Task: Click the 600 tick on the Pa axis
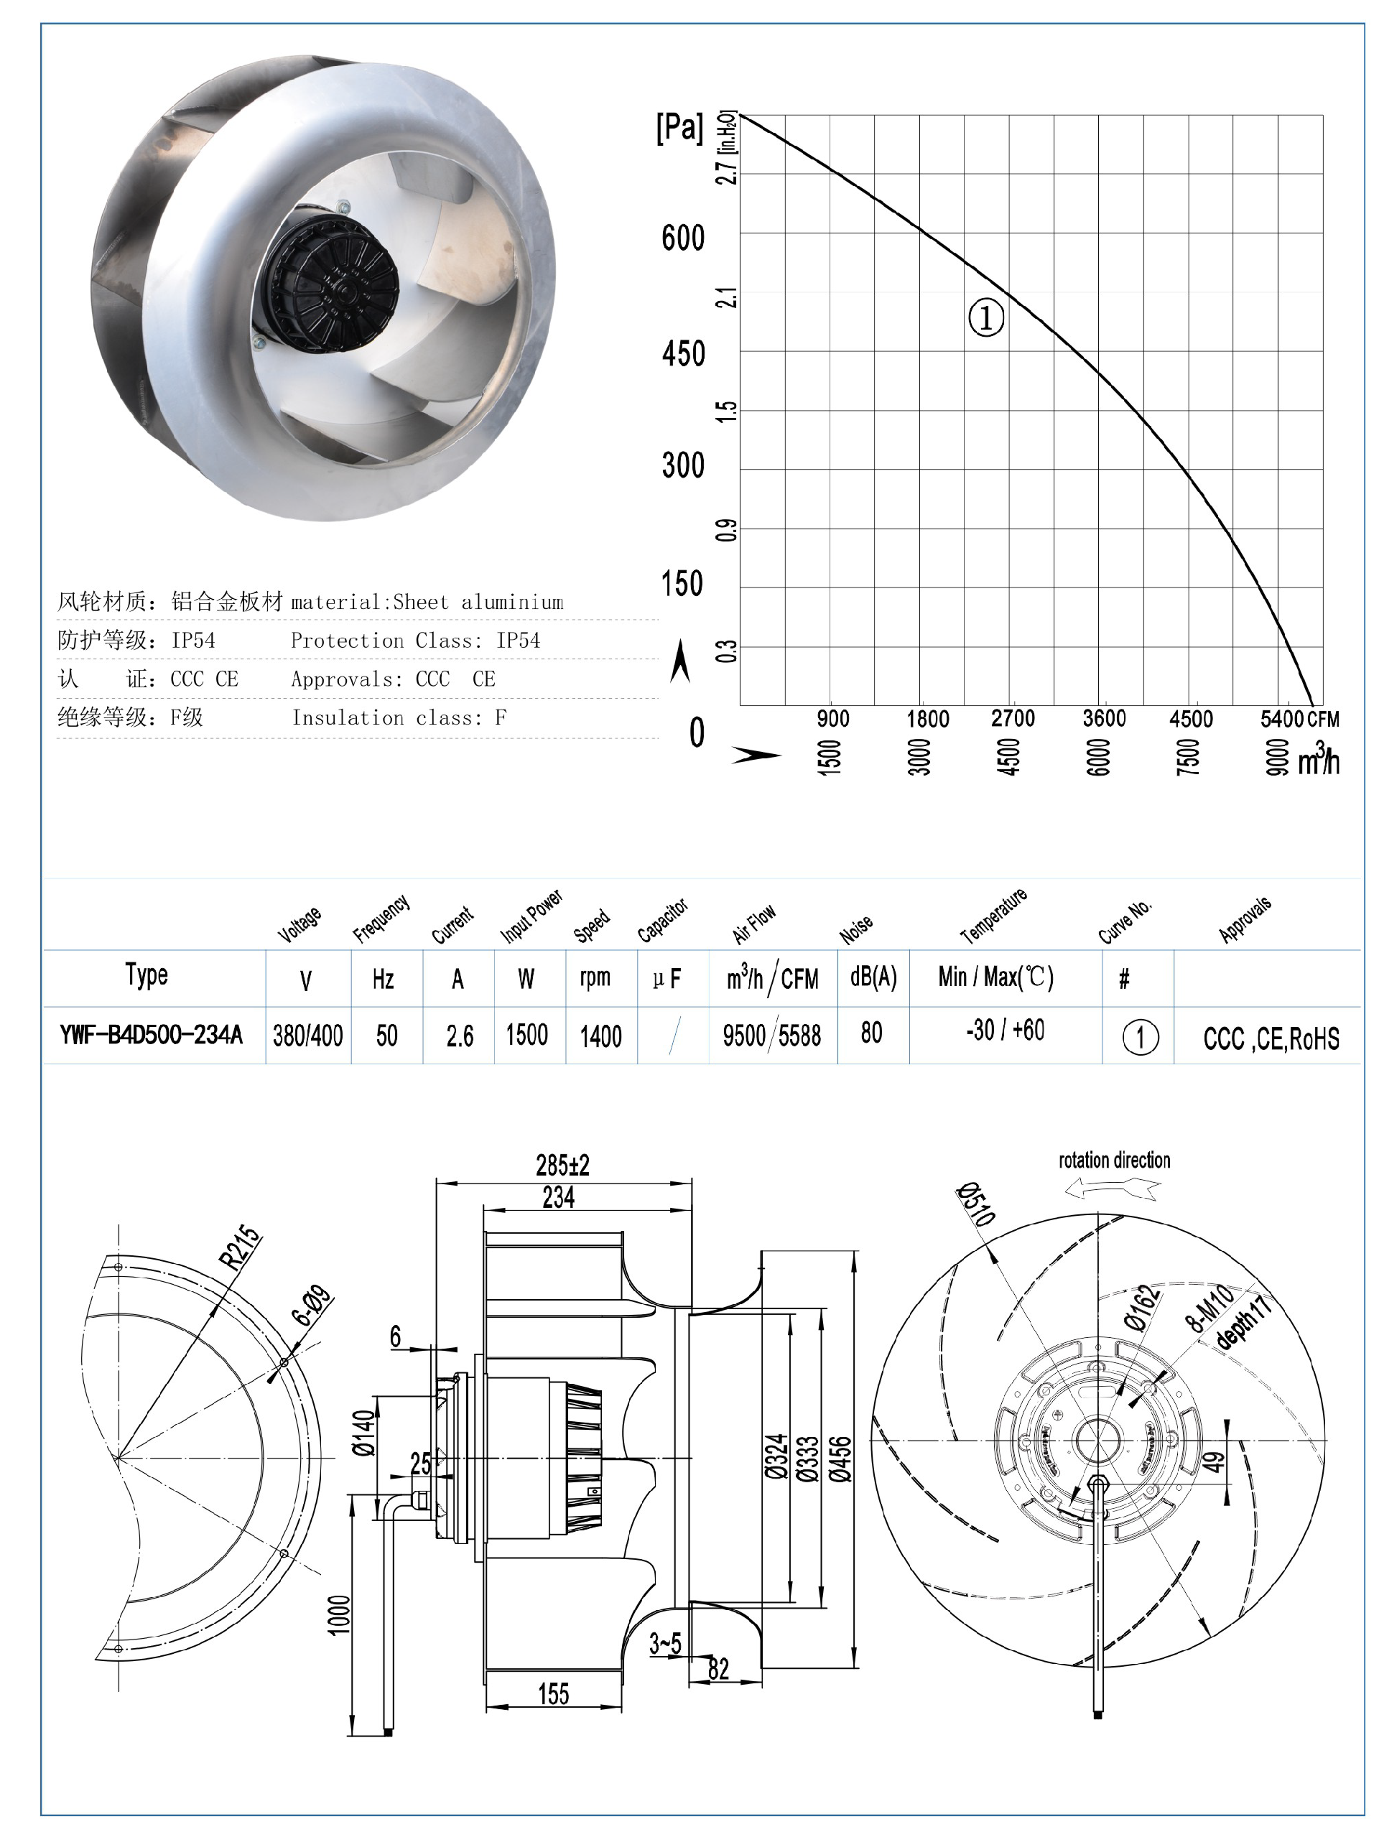(x=682, y=238)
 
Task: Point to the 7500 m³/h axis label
(x=1188, y=756)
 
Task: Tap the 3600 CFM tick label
(x=1103, y=718)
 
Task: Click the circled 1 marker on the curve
(x=986, y=317)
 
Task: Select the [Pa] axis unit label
(x=679, y=127)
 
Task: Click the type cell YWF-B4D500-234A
(x=152, y=1035)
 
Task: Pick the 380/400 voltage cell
(x=307, y=1036)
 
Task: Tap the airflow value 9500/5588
(x=772, y=1036)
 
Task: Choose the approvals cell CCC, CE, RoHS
(x=1270, y=1038)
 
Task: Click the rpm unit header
(x=595, y=977)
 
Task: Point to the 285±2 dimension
(x=562, y=1165)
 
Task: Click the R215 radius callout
(x=239, y=1247)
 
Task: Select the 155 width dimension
(x=553, y=1693)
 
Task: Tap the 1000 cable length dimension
(x=339, y=1614)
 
